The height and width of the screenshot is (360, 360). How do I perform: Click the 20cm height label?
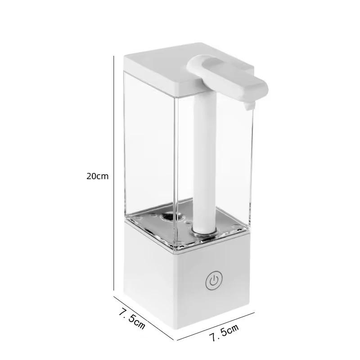pyautogui.click(x=98, y=176)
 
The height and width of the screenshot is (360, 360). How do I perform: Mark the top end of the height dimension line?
pyautogui.click(x=112, y=57)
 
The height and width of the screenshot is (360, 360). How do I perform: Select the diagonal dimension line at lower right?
pyautogui.click(x=215, y=325)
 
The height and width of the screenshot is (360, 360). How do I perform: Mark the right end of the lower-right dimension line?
pyautogui.click(x=255, y=311)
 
